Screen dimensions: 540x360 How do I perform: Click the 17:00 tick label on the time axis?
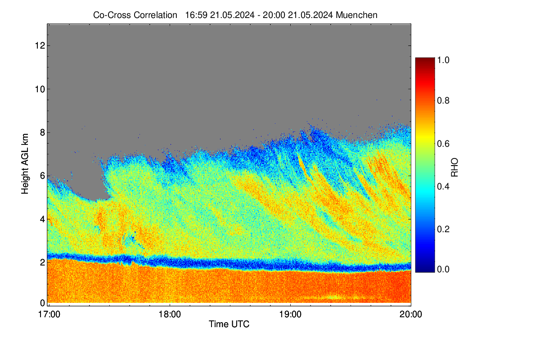pos(49,315)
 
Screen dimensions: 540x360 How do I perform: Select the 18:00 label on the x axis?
pos(170,315)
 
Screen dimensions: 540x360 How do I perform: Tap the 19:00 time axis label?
pos(290,315)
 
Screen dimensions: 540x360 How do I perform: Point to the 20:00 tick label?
pos(411,315)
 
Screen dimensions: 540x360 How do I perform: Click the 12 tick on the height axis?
pos(40,45)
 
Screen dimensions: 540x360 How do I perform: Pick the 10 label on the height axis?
pos(40,89)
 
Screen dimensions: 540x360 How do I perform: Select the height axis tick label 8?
pos(42,132)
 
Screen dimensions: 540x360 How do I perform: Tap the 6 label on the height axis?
pos(42,176)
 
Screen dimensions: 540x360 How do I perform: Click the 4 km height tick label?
pos(42,220)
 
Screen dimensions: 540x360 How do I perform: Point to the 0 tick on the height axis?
pos(42,303)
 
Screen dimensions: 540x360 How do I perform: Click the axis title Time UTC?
pos(229,324)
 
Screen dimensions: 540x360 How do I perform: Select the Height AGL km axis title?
pos(25,164)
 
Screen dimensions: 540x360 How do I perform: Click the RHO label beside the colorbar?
pos(454,167)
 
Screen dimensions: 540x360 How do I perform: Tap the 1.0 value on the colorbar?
pos(443,60)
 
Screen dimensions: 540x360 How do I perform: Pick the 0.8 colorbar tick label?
pos(443,100)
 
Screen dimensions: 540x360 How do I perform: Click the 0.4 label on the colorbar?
pos(443,186)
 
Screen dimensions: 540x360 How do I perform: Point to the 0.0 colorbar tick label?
pos(443,270)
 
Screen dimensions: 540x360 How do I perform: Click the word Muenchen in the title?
pos(356,15)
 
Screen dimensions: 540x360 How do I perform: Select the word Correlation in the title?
pos(155,15)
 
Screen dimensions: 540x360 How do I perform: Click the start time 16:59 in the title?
pos(196,15)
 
